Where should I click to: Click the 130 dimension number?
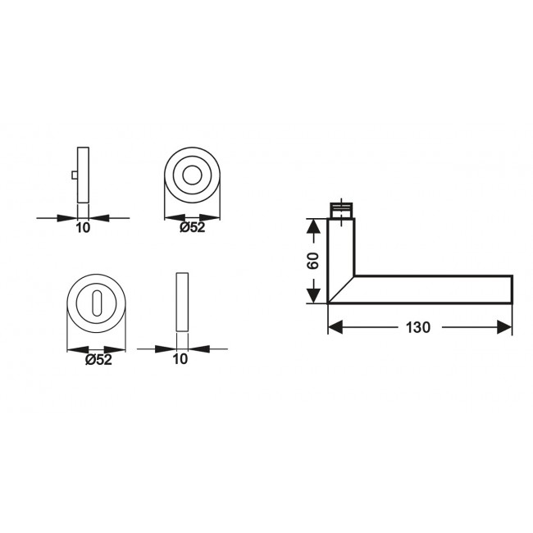417,328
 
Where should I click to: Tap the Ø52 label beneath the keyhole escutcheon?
98,358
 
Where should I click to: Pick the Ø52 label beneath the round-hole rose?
193,228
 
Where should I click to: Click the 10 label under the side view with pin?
83,229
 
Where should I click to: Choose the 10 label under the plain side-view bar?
181,358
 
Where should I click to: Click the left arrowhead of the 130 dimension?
335,327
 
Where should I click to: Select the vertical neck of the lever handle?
340,246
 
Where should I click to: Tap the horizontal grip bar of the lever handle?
435,289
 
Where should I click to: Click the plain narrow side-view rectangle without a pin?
181,301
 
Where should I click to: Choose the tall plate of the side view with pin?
83,175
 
